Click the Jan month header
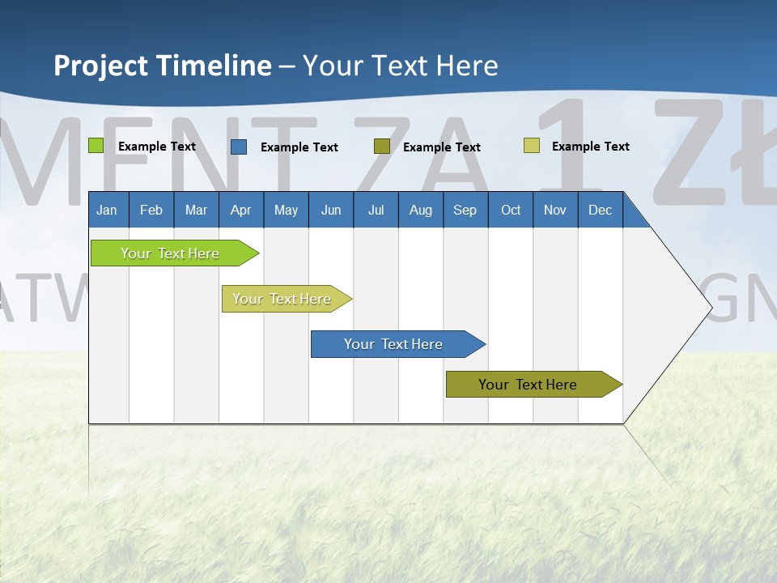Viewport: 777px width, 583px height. tap(107, 210)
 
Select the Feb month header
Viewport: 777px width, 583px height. tap(151, 210)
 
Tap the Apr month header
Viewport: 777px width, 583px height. tap(240, 210)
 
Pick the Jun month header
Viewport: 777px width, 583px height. tap(331, 210)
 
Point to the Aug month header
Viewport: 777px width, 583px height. tap(420, 210)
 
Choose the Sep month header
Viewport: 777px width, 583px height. tap(465, 210)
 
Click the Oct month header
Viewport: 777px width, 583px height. tap(511, 210)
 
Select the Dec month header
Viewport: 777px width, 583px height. tap(600, 210)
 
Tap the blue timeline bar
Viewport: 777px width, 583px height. tap(394, 344)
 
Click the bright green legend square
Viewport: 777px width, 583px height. tap(96, 146)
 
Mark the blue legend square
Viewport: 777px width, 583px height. tap(239, 147)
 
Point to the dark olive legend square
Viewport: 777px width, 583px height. tap(382, 147)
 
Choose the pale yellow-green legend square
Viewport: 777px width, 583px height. tap(532, 146)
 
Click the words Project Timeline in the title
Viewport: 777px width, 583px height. tap(163, 66)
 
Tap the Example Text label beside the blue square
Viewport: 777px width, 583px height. tap(299, 147)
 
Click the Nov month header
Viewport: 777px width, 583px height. tap(555, 210)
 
